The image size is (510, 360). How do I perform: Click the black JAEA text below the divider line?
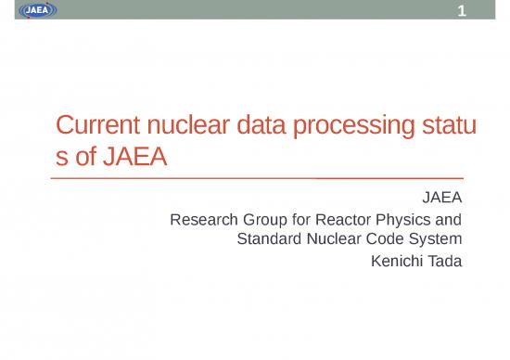click(440, 198)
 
